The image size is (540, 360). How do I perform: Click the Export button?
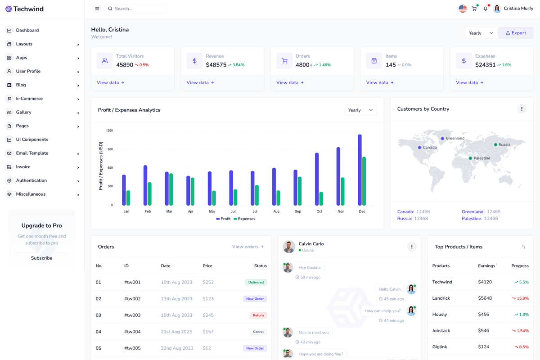516,33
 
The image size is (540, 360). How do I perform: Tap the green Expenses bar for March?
171,189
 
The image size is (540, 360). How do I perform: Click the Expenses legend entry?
244,219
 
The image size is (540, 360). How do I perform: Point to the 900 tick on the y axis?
109,149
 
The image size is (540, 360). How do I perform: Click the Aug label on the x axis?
276,211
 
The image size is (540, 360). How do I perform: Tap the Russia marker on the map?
495,145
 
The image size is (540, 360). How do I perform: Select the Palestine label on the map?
482,158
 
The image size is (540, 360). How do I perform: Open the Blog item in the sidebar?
21,85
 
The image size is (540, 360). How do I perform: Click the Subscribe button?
41,258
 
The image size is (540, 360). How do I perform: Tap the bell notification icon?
486,9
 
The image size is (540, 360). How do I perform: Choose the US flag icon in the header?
463,9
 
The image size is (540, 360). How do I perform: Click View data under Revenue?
200,83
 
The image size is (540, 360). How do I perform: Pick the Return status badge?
258,315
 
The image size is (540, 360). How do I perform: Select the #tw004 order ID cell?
132,332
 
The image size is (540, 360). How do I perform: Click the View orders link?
248,247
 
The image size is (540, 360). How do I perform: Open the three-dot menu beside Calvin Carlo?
411,247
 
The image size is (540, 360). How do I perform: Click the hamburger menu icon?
97,9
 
